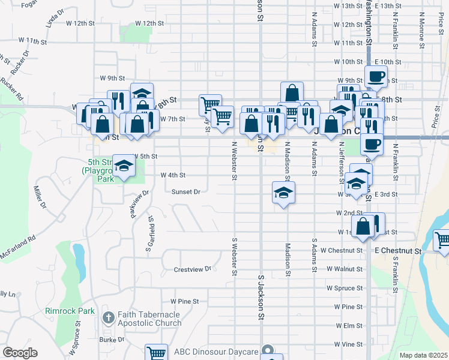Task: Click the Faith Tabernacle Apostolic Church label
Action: pyautogui.click(x=150, y=319)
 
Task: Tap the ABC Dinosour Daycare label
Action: pyautogui.click(x=216, y=351)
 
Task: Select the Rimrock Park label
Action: pyautogui.click(x=70, y=311)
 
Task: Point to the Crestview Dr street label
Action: pyautogui.click(x=193, y=269)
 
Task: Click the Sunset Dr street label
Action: pyautogui.click(x=185, y=192)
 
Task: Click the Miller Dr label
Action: pyautogui.click(x=40, y=197)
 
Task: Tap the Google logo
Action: pyautogui.click(x=20, y=353)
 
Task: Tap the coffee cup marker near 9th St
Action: pyautogui.click(x=376, y=76)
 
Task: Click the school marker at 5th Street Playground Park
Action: pyautogui.click(x=124, y=167)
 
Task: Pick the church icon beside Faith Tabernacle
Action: pyautogui.click(x=107, y=317)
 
